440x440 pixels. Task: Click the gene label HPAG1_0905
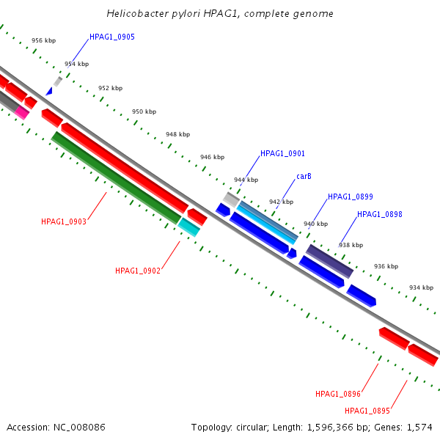pos(112,37)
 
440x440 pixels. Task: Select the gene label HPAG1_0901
pos(282,153)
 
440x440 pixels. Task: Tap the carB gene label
pos(304,177)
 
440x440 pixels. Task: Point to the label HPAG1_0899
pos(351,197)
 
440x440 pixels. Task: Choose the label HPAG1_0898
pos(380,215)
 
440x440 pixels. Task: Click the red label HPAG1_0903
pos(64,221)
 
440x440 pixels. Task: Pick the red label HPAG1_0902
pos(138,271)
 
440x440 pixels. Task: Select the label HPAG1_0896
pos(338,395)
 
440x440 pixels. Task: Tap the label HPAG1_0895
pos(367,411)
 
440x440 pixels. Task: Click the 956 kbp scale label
pos(43,41)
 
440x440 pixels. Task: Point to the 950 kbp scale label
pos(144,111)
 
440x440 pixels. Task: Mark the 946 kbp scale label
pos(212,158)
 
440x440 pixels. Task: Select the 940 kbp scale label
pos(315,224)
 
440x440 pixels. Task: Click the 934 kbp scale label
pos(421,287)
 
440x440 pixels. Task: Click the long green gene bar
pos(116,177)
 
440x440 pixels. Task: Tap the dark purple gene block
pos(329,261)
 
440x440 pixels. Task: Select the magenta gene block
pos(23,112)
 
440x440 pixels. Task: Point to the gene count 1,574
pos(420,427)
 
